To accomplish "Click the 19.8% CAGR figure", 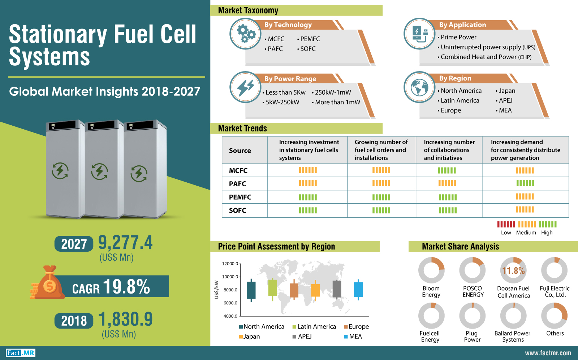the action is pyautogui.click(x=126, y=286).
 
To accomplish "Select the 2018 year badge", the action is pyautogui.click(x=74, y=321).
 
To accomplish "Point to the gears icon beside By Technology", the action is pyautogui.click(x=245, y=34).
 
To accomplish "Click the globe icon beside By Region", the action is pyautogui.click(x=419, y=87).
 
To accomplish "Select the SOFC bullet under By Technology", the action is pyautogui.click(x=306, y=49).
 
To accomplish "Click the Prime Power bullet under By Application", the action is pyautogui.click(x=457, y=37).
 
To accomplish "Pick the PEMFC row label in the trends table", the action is pyautogui.click(x=240, y=197).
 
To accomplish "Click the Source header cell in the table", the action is pyautogui.click(x=240, y=150).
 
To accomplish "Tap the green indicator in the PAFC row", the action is pyautogui.click(x=525, y=183).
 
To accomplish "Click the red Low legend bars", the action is pyautogui.click(x=506, y=224).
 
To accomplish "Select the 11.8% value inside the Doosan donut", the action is pyautogui.click(x=513, y=270).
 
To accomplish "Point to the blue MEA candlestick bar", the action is pyautogui.click(x=358, y=289).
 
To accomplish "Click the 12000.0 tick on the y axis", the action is pyautogui.click(x=230, y=264).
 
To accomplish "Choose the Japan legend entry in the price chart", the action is pyautogui.click(x=250, y=337).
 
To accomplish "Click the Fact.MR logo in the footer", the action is pyautogui.click(x=21, y=353).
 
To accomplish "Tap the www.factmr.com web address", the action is pyautogui.click(x=548, y=353).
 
